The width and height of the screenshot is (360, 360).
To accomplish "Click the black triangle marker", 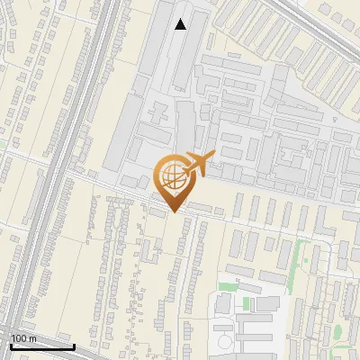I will click(x=181, y=24).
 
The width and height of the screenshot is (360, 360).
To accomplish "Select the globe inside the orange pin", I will click(x=171, y=175).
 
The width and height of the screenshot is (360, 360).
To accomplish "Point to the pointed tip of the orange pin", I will click(x=171, y=212).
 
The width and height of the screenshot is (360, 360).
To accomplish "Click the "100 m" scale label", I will click(x=24, y=337).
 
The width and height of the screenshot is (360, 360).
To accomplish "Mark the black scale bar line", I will click(x=41, y=346).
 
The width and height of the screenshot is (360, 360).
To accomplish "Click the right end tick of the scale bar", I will click(x=74, y=345).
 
